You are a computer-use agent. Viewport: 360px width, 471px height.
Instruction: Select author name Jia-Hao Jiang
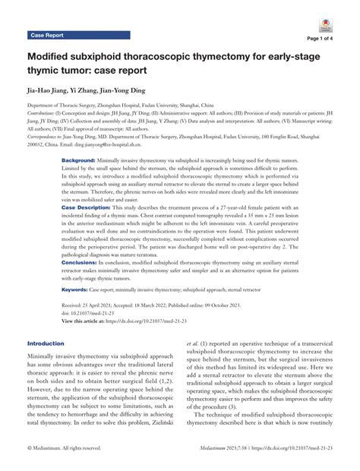pyautogui.click(x=56, y=90)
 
